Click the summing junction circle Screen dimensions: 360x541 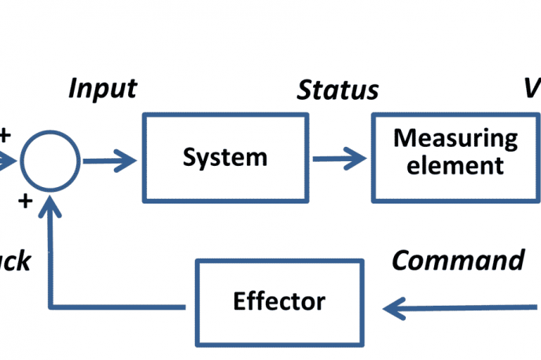[50, 162]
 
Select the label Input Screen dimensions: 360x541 [102, 87]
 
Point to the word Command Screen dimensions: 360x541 [458, 261]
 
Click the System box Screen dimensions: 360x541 [225, 157]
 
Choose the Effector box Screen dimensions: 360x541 [279, 300]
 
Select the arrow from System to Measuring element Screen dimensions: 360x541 [339, 159]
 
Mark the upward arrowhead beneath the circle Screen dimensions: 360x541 [50, 206]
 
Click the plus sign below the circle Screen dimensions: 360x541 [25, 202]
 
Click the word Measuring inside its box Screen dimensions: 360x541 [456, 138]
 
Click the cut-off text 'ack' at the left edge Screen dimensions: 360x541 [14, 261]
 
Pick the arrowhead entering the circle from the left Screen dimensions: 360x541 [9, 161]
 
